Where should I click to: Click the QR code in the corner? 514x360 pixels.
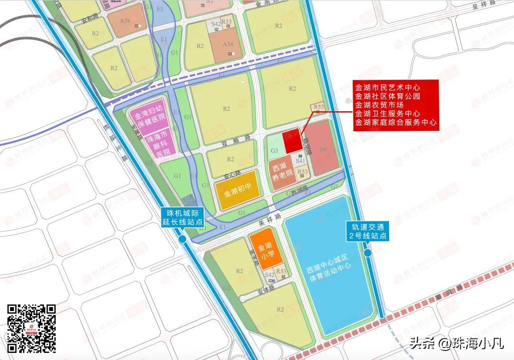click(31, 328)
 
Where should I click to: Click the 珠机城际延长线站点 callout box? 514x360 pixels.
click(182, 218)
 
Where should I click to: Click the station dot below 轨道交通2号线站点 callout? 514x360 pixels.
click(367, 253)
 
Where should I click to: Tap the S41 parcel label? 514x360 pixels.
click(299, 162)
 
